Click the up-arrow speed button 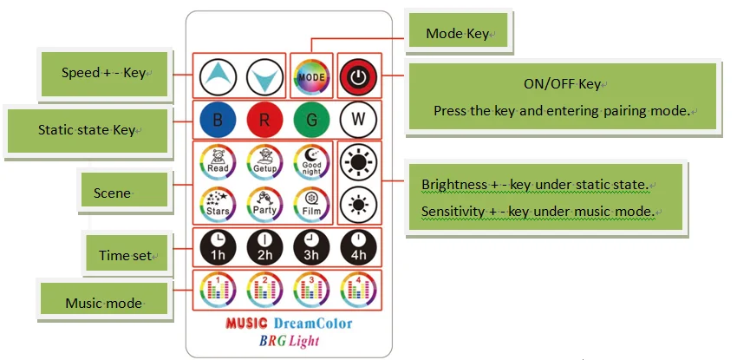pos(217,77)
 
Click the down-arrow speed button pos(264,77)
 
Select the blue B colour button pos(217,120)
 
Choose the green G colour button pos(310,120)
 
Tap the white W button pos(356,120)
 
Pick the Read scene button pos(217,161)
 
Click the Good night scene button pos(310,161)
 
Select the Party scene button pos(264,205)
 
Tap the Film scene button pos(310,205)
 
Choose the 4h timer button pos(356,247)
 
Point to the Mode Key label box pos(460,34)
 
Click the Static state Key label pos(87,130)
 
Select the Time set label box pos(126,254)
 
